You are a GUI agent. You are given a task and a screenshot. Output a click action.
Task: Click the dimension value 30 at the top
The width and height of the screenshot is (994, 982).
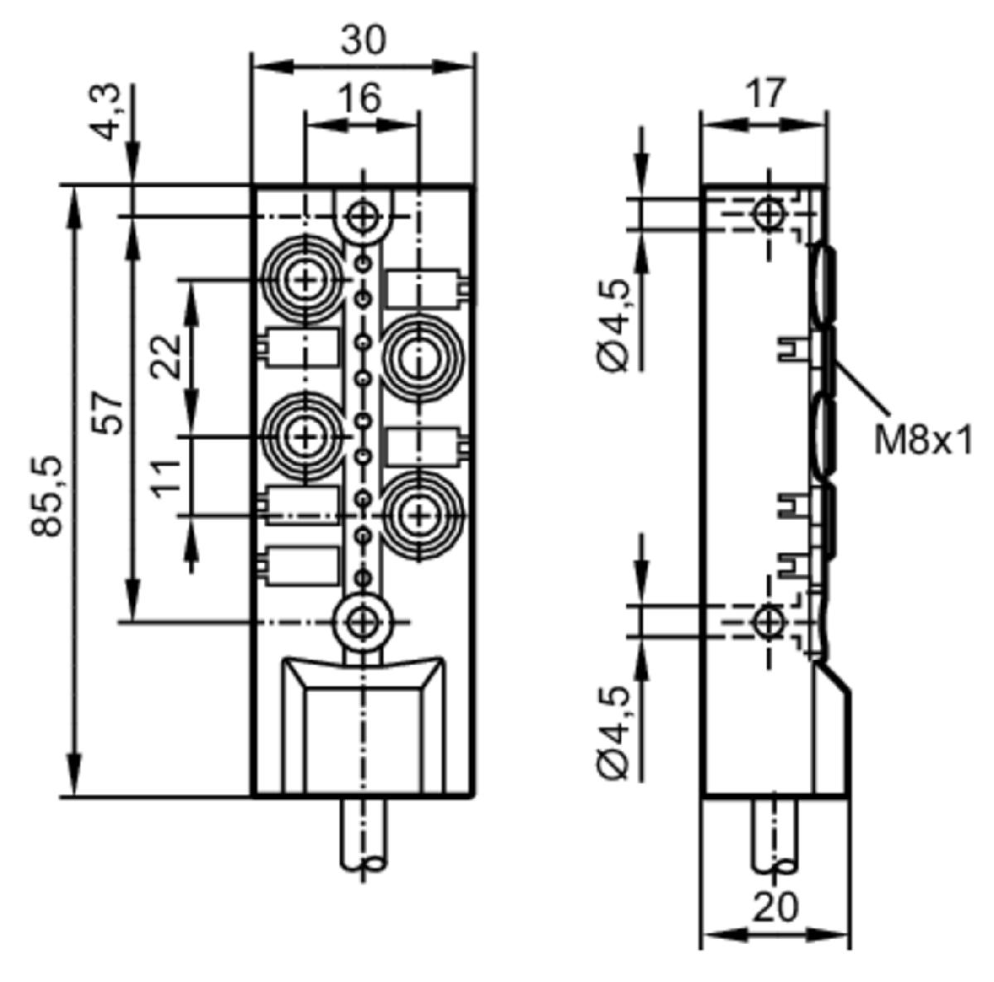point(363,41)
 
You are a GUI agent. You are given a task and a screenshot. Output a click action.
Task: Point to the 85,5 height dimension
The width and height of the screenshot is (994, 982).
point(47,496)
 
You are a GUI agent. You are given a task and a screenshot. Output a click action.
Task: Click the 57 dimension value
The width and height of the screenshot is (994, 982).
point(108,412)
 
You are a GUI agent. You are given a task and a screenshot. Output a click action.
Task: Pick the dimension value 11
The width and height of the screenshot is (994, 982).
point(166,479)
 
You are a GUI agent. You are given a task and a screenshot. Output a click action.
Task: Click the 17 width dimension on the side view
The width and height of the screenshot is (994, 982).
point(766,93)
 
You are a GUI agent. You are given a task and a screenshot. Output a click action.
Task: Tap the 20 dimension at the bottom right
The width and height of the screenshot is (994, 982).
point(775,907)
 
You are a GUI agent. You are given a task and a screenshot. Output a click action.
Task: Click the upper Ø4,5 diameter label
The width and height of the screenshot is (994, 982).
point(614,325)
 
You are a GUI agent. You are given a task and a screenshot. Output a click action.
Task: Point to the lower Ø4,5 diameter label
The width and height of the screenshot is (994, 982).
point(614,733)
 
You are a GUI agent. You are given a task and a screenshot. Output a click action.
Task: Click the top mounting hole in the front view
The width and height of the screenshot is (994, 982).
point(364,217)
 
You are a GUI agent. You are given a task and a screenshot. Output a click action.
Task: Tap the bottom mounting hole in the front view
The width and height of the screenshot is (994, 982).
point(364,623)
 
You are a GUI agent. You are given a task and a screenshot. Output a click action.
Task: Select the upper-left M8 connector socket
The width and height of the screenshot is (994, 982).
point(305,281)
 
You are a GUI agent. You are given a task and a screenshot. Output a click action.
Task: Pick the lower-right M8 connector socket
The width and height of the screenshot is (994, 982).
point(419,515)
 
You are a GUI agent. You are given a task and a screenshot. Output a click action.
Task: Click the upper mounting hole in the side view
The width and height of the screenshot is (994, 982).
point(768,213)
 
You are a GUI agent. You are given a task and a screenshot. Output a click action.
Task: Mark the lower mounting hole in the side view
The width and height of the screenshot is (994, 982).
point(768,622)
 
